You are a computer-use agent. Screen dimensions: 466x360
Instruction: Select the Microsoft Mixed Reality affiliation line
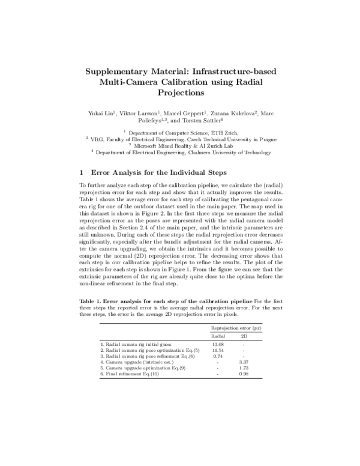coord(179,146)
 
